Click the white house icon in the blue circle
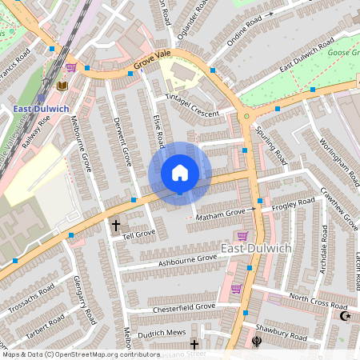click(x=180, y=173)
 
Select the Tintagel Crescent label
click(x=192, y=106)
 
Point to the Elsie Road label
click(x=159, y=130)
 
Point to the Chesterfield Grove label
click(x=184, y=306)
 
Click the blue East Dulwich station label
click(x=41, y=108)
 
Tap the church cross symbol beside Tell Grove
click(x=115, y=226)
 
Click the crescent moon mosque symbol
click(x=346, y=317)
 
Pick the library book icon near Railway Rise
click(x=63, y=85)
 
